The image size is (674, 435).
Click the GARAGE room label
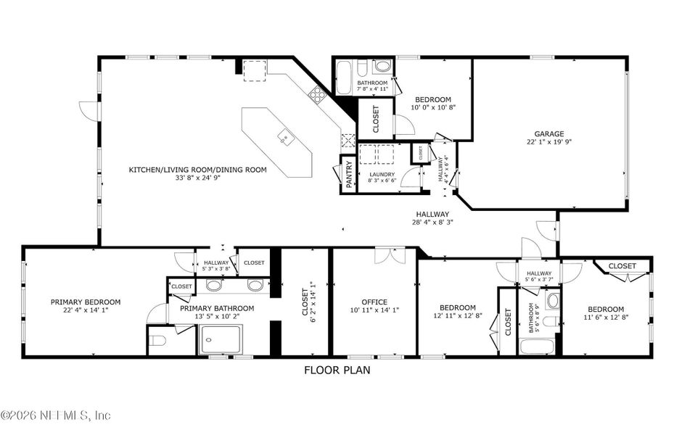549,133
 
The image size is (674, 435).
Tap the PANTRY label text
349,174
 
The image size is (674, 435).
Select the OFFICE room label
374,302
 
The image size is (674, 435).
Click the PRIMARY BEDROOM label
85,302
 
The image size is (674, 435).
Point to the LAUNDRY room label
382,174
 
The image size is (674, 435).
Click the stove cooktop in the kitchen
317,93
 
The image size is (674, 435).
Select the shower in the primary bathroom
223,340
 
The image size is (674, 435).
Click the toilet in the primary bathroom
160,339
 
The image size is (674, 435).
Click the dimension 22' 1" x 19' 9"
549,143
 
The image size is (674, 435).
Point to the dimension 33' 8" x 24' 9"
197,178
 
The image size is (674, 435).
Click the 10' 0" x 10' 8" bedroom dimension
433,108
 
